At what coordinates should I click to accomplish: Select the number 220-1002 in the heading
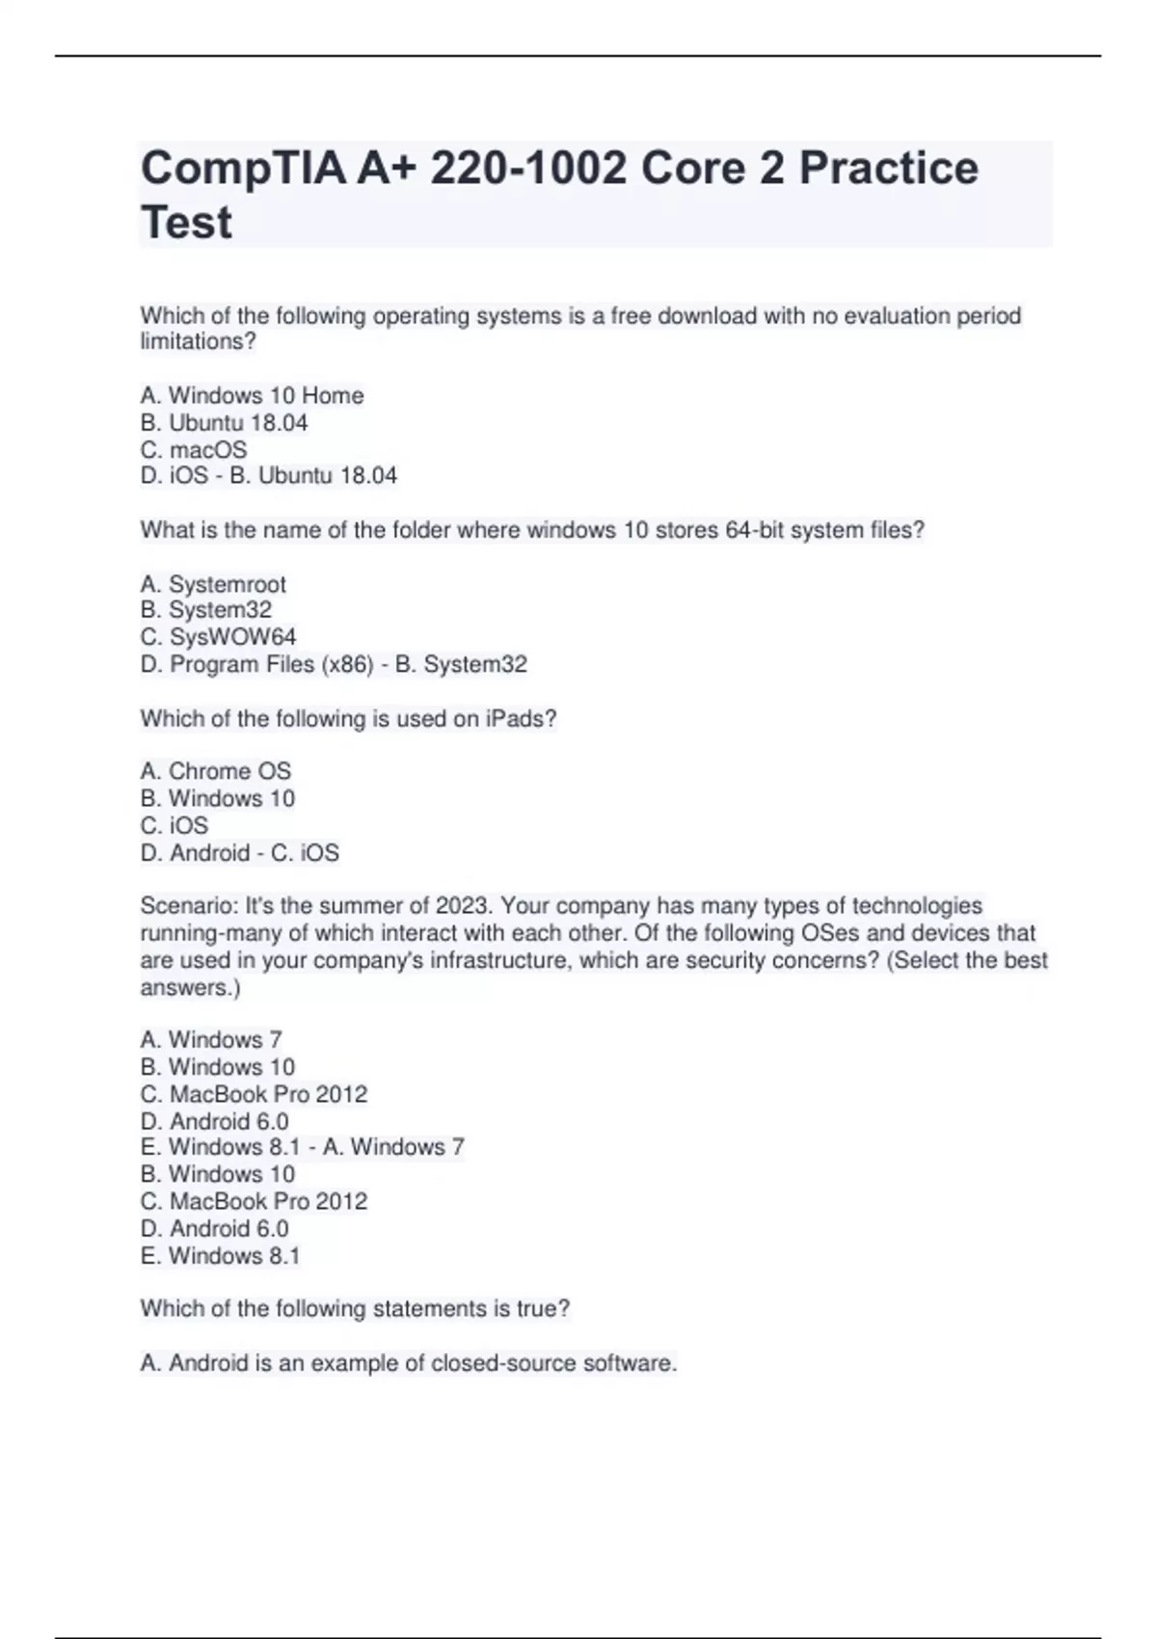pos(528,169)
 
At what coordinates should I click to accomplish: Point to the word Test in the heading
pos(186,223)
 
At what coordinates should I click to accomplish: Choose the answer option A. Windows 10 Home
pos(252,395)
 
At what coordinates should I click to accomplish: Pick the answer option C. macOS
pos(194,450)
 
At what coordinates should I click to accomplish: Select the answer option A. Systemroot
pos(213,584)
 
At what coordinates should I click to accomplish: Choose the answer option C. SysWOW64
pos(218,637)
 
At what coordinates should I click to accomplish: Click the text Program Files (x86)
pos(271,664)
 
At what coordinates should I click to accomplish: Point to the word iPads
pos(521,719)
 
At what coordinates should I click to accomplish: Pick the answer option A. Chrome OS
pos(215,771)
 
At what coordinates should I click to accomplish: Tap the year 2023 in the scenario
pos(462,906)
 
